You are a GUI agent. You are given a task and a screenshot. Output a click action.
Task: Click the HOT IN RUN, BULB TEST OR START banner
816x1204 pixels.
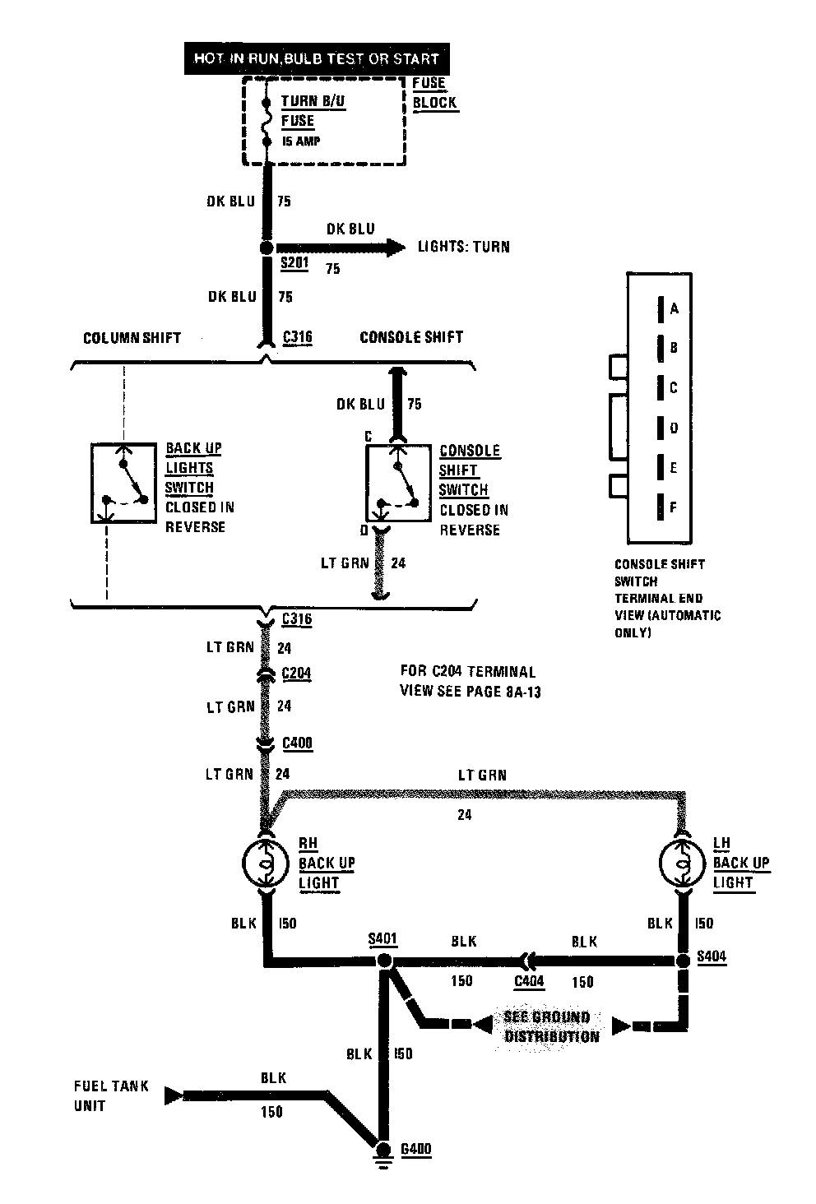[317, 58]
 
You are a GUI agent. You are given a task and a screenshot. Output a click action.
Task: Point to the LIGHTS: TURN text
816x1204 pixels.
[463, 246]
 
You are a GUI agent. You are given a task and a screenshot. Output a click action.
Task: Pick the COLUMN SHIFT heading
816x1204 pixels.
[132, 337]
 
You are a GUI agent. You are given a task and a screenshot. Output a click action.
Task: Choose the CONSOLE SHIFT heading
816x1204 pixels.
[411, 337]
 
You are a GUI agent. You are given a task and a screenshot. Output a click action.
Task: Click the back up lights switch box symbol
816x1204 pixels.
[123, 483]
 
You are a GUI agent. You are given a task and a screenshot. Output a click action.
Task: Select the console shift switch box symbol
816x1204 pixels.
[398, 484]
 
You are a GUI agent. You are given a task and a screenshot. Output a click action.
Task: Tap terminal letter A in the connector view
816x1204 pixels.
[675, 309]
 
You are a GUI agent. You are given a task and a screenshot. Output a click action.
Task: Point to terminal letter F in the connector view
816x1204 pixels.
[674, 507]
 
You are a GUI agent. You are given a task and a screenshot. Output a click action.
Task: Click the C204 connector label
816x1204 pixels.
[297, 674]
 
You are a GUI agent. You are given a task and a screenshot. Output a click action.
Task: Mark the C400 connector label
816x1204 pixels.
[297, 743]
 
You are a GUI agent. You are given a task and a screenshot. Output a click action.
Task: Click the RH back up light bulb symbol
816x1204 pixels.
[265, 864]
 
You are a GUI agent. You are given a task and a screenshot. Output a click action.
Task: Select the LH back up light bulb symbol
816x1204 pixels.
[683, 864]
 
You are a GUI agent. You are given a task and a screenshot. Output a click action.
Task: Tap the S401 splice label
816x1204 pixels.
[383, 938]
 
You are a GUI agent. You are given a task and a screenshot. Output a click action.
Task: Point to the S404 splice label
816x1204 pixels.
[712, 957]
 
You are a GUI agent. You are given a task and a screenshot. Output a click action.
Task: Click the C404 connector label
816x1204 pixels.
[529, 981]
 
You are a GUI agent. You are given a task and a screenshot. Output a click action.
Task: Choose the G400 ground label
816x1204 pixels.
[415, 1149]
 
